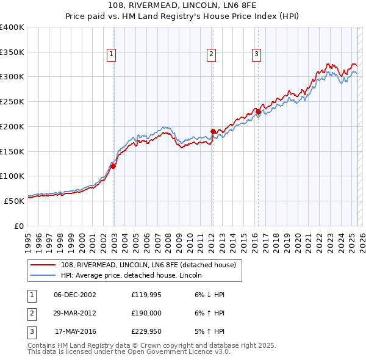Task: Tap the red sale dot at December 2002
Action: (x=113, y=166)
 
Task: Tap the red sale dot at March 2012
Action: (x=213, y=131)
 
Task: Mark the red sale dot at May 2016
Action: (x=258, y=112)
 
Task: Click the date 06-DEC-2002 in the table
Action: (x=75, y=295)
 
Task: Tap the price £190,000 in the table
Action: (x=145, y=314)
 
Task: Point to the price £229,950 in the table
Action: (x=145, y=333)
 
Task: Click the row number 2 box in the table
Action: (x=30, y=314)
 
